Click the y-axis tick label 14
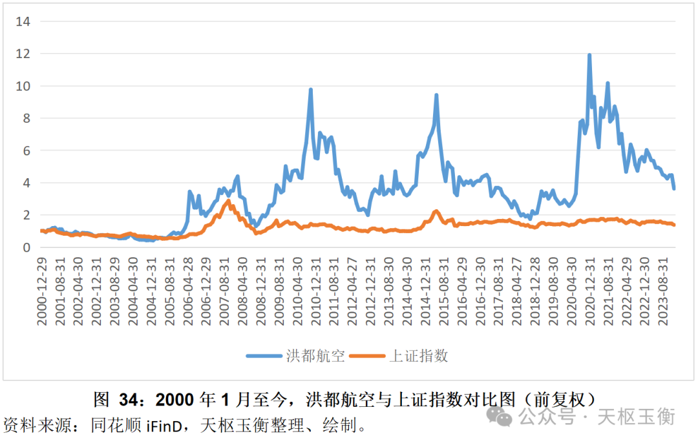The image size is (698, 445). coord(23,21)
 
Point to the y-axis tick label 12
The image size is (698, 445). coord(23,54)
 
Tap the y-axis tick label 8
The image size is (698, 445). coord(26,118)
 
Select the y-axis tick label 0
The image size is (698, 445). coord(26,247)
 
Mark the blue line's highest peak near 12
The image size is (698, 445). coord(589,55)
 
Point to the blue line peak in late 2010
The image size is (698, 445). coord(311,90)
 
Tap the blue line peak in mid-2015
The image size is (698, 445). coord(437,95)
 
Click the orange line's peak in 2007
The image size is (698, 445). coord(228,201)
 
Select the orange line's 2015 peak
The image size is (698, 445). coord(436,211)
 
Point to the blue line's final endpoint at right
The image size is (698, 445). coord(674,189)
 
